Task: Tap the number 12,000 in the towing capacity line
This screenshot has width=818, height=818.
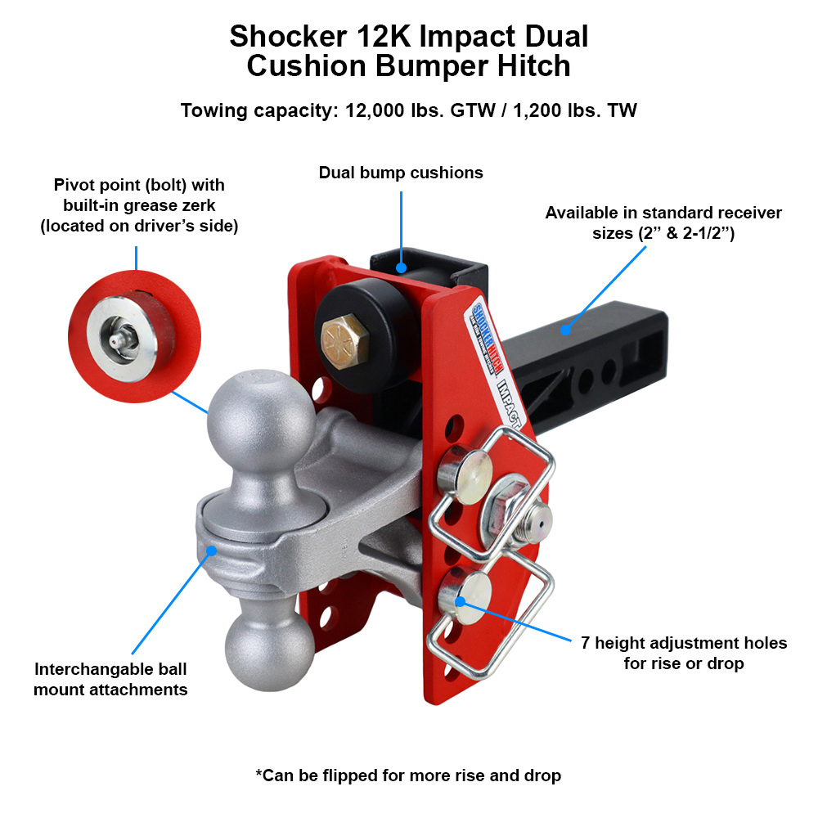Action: (375, 110)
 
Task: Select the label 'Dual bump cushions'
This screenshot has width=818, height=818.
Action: (401, 173)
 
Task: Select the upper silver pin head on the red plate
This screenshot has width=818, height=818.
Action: (463, 475)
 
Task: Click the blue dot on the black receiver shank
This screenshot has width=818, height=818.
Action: (565, 330)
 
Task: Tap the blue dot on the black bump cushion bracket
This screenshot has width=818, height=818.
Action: (401, 267)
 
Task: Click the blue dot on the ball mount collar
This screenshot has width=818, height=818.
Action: (212, 551)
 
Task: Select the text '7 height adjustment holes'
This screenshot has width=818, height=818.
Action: (684, 643)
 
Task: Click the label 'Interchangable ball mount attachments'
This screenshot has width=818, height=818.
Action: (110, 679)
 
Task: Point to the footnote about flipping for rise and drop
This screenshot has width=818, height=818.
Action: (408, 775)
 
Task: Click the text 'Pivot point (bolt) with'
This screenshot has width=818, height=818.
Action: (139, 185)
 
